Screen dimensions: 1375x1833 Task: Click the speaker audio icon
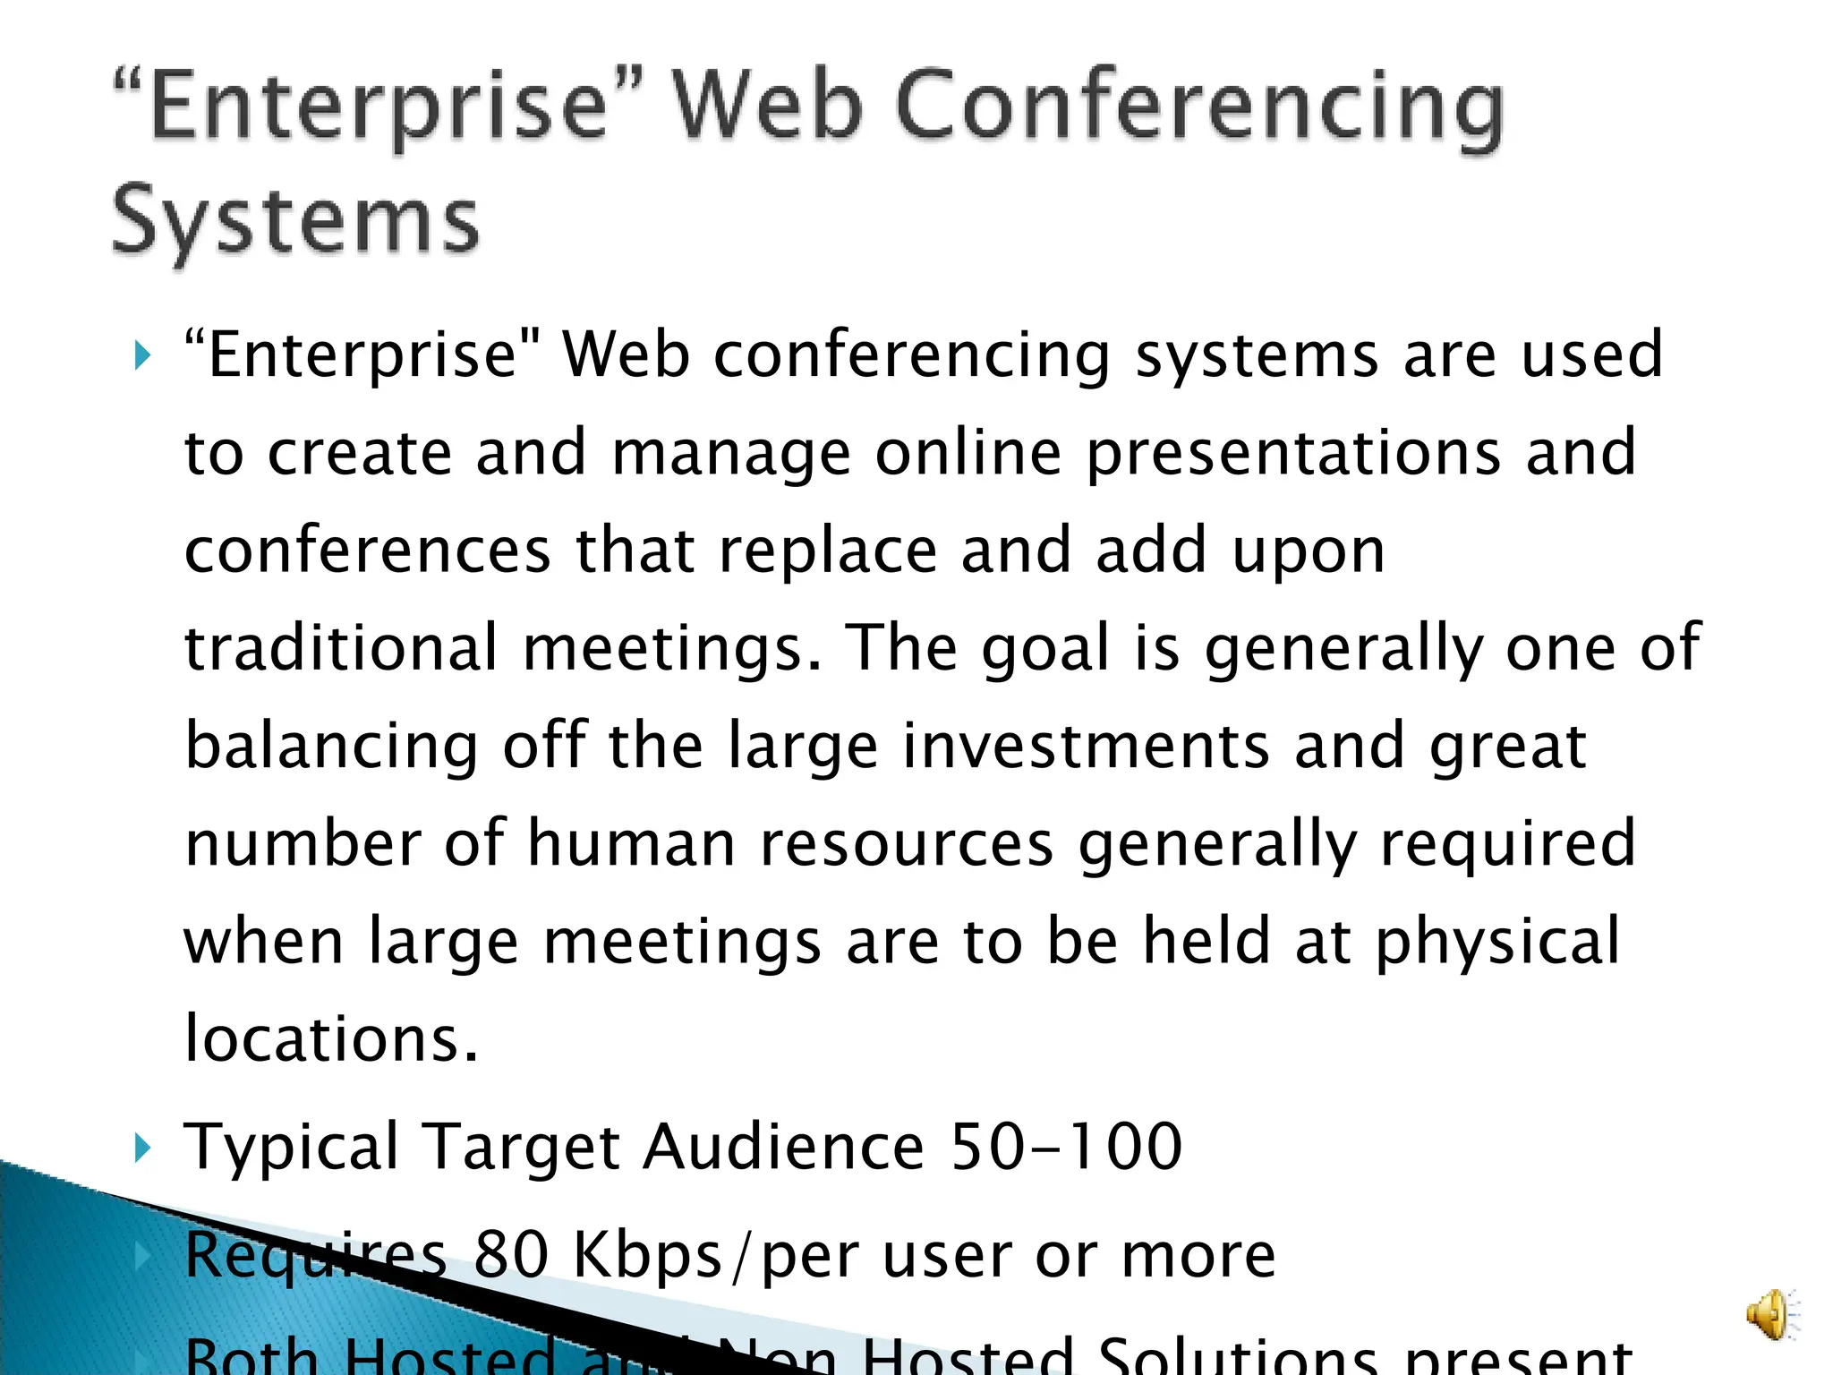click(1770, 1314)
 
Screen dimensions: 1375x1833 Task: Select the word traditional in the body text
click(341, 647)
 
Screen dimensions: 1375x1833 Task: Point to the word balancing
click(331, 746)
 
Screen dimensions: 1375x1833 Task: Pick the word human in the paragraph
click(631, 843)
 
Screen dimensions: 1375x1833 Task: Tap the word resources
click(907, 843)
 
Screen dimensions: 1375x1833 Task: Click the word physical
click(1497, 942)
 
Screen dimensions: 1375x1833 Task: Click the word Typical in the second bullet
click(291, 1147)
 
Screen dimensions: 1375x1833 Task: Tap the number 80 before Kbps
click(510, 1254)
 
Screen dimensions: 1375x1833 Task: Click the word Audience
click(783, 1147)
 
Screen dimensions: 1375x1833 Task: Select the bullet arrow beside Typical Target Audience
click(142, 1147)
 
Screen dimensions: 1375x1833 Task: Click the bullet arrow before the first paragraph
click(142, 355)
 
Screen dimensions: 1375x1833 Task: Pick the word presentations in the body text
click(1293, 452)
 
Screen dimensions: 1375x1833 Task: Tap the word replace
click(828, 550)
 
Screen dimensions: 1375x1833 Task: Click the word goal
click(1045, 647)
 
